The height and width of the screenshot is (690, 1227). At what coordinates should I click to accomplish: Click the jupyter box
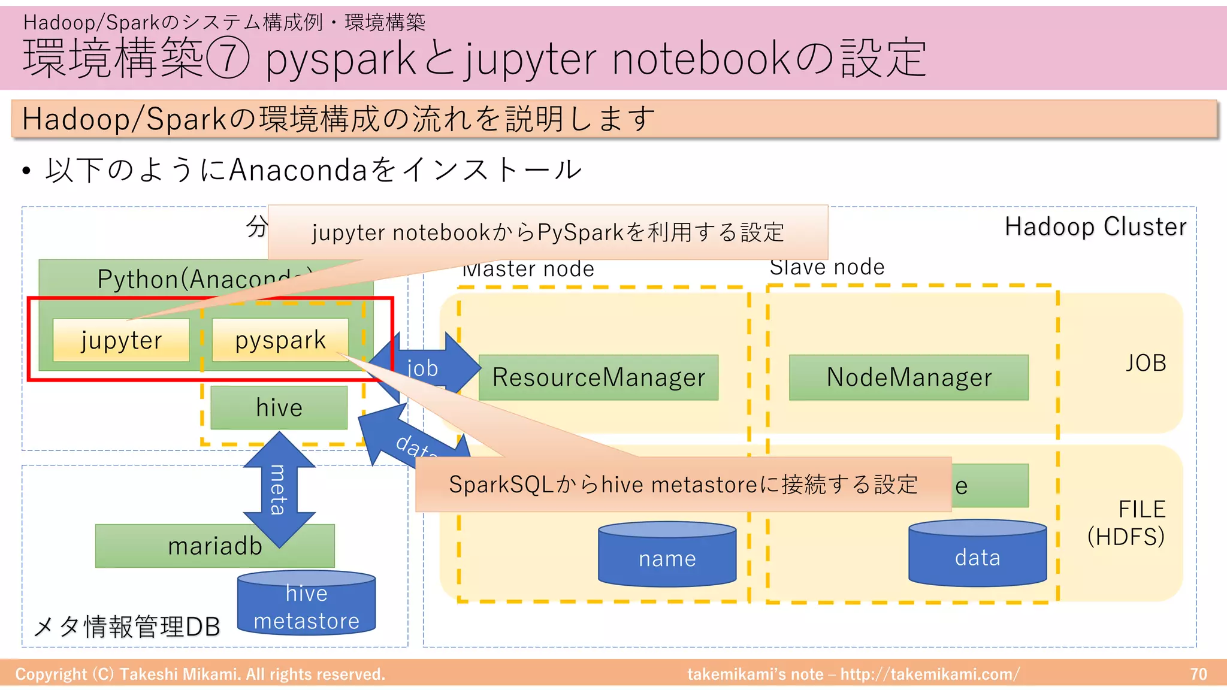(121, 340)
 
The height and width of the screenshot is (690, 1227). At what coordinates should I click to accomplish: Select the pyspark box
(280, 340)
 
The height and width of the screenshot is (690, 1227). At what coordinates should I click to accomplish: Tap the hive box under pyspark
(279, 408)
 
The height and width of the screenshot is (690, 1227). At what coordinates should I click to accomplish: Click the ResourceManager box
(599, 377)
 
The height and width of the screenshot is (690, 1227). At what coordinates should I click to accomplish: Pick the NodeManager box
(909, 377)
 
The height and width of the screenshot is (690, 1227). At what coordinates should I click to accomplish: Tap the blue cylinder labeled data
(977, 556)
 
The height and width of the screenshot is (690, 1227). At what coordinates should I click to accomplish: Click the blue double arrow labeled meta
(279, 489)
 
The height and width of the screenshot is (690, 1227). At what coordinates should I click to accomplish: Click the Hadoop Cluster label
(1095, 227)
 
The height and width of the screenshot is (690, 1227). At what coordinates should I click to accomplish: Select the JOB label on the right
(1146, 363)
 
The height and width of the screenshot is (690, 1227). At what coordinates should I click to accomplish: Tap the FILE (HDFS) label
(1127, 523)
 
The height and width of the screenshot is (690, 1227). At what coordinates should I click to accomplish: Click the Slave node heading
(827, 267)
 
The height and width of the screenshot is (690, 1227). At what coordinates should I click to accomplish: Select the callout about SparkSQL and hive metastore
(683, 485)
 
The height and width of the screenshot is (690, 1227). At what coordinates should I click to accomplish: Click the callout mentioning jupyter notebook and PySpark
(548, 232)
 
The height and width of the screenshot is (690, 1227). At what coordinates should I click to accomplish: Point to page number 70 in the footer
(1198, 674)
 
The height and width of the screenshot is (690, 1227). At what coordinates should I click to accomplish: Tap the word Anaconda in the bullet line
(298, 170)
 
